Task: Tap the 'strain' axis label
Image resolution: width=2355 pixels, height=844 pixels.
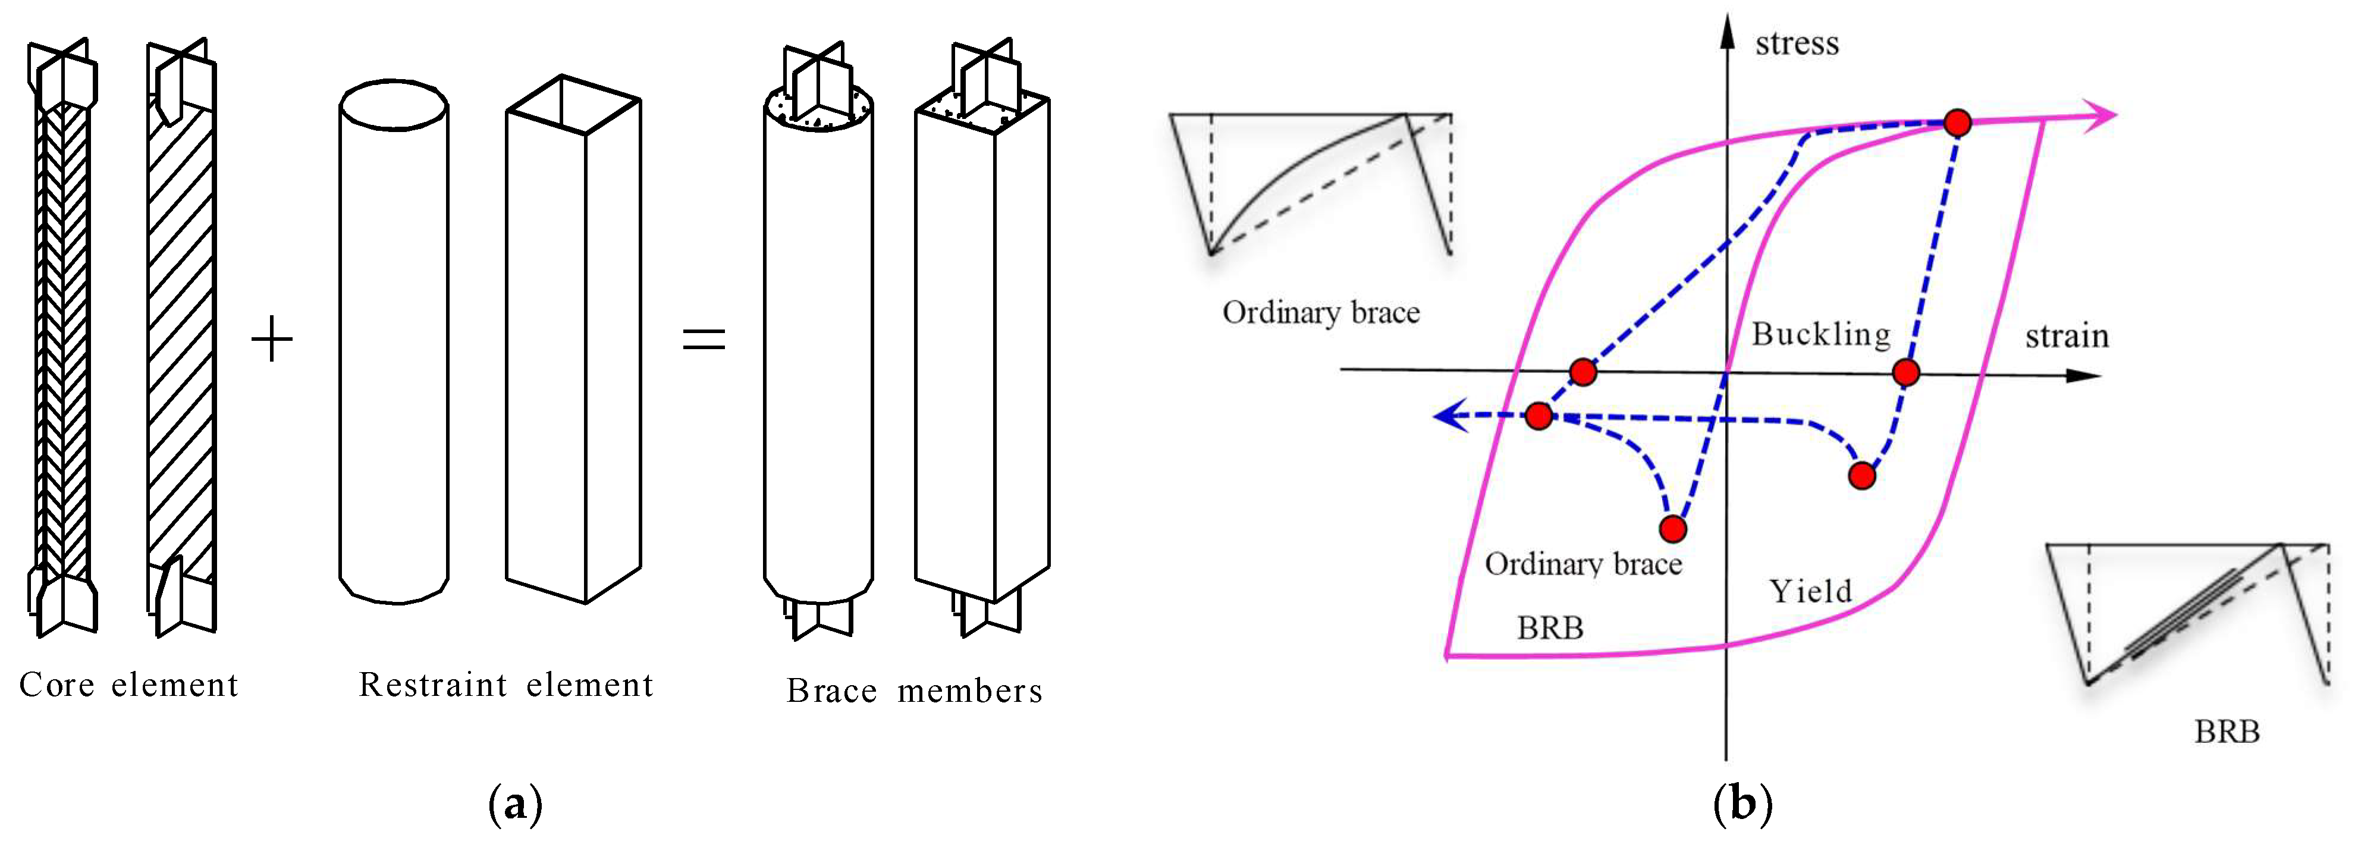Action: [x=2066, y=337]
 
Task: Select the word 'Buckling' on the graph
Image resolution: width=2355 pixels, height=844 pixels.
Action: [x=1820, y=335]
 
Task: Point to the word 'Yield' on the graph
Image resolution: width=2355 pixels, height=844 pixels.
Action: [x=1810, y=592]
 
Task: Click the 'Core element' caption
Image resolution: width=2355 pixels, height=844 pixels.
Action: [x=129, y=685]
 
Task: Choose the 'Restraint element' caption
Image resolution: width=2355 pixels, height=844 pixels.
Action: [x=505, y=685]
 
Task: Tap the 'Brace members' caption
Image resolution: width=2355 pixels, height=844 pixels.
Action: [x=914, y=691]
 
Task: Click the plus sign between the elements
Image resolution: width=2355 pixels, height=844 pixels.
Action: [x=272, y=340]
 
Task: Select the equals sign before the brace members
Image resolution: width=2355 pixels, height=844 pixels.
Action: [x=704, y=340]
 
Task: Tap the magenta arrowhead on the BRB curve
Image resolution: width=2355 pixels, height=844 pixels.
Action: [x=2101, y=116]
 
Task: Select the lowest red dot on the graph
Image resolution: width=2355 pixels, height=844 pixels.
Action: [x=1673, y=529]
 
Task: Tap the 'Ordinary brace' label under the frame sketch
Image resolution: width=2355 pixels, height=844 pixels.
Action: [x=1321, y=313]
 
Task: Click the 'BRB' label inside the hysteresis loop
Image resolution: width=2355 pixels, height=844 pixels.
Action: [x=1550, y=628]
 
